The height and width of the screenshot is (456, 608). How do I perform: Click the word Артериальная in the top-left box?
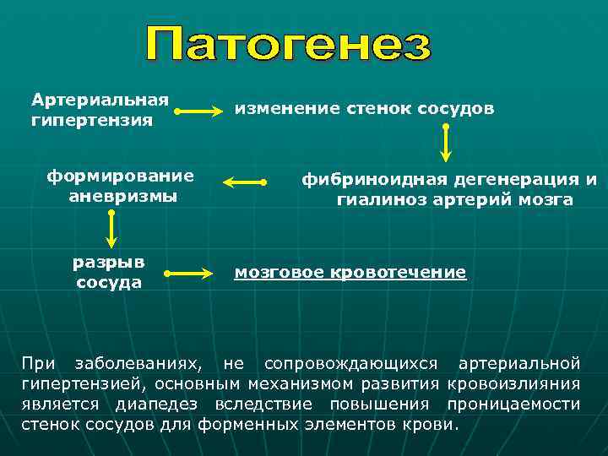coord(100,100)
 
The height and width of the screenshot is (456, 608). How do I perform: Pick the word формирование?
coord(120,176)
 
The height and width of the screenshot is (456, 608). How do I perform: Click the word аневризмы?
coord(122,196)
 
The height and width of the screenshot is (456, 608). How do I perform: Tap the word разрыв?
coord(109,262)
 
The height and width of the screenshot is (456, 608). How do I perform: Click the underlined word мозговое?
coord(278,272)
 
